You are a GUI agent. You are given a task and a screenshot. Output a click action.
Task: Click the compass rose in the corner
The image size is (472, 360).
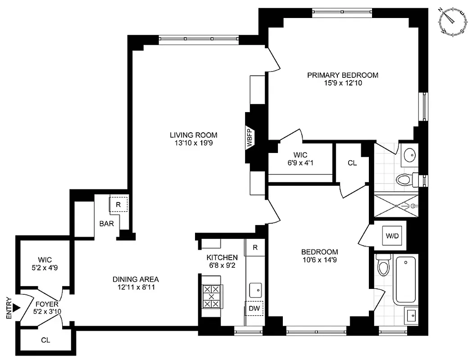coord(453,21)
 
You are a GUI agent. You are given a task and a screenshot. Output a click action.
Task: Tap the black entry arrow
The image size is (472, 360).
coord(17,308)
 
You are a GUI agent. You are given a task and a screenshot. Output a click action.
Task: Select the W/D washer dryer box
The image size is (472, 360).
coord(389,235)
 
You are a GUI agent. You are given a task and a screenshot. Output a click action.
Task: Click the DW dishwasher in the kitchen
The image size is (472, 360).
coord(254,309)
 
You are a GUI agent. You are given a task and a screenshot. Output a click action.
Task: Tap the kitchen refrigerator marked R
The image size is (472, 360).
coord(255,247)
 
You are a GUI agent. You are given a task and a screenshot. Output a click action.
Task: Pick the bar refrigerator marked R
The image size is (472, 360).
coord(118,204)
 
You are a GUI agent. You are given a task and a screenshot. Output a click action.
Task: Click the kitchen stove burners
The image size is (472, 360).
coord(211,297)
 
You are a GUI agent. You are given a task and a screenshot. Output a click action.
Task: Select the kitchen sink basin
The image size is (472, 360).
coord(256,288)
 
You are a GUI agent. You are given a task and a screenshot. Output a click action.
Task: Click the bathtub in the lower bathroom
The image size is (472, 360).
coord(405,279)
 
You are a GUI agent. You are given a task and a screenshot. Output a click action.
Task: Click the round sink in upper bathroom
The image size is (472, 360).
coord(410,155)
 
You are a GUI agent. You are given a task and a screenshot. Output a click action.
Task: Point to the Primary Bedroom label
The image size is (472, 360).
coord(342,75)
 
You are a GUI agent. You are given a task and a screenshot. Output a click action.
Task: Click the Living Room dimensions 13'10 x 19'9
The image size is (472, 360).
coord(193,143)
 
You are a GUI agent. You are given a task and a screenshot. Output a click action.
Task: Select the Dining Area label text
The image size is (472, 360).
coord(136,279)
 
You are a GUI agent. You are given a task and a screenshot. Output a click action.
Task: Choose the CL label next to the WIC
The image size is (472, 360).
coord(352,163)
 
